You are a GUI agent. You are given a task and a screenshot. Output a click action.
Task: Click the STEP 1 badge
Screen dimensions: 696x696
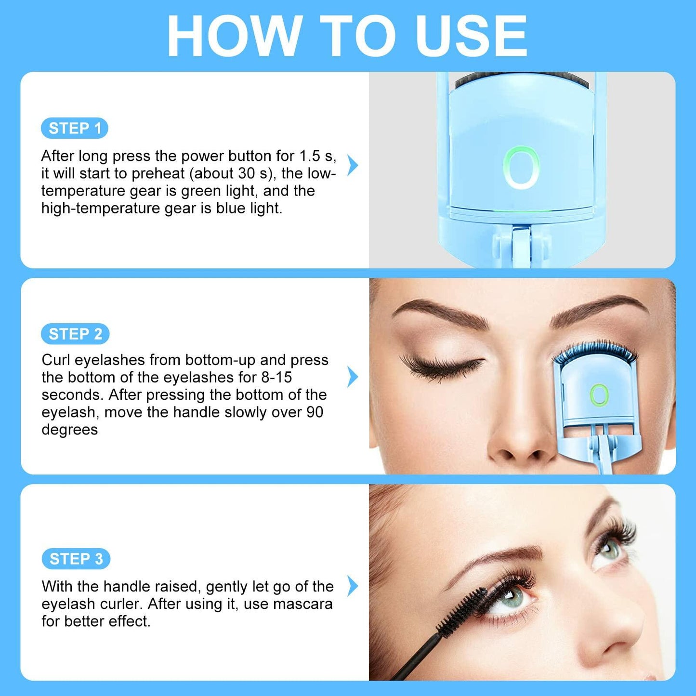coord(75,129)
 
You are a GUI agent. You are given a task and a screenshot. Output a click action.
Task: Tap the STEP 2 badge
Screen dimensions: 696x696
coord(75,334)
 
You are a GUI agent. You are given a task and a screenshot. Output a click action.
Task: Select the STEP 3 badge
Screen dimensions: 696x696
coord(76,559)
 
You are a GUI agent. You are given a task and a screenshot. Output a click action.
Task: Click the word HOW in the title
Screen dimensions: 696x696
coord(233,36)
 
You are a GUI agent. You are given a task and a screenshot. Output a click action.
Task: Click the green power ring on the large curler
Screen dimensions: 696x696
coord(521,168)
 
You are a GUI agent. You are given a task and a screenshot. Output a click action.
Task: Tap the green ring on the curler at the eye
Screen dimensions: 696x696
coord(599,395)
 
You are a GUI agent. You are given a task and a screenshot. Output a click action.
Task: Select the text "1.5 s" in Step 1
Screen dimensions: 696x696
coord(316,156)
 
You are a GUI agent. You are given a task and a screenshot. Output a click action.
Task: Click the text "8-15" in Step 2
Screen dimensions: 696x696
coord(276,377)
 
